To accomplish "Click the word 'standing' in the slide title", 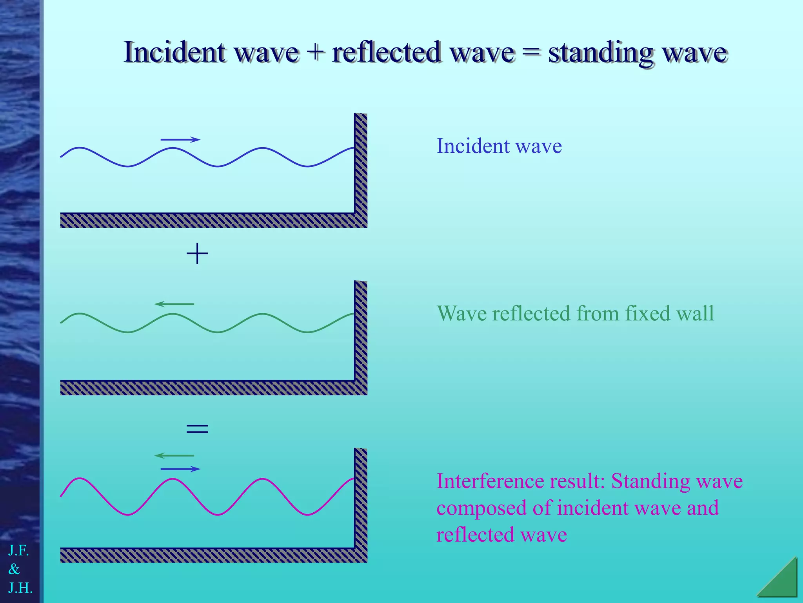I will tap(600, 53).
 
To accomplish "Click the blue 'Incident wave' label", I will tap(499, 146).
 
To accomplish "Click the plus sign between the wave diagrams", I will tap(197, 254).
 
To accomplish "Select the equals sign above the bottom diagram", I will tap(197, 428).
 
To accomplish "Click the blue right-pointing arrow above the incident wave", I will tap(180, 139).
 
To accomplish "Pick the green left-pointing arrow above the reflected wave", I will tap(174, 304).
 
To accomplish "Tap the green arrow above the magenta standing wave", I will tap(174, 455).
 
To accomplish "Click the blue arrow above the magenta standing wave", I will tap(180, 469).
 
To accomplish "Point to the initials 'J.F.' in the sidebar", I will tap(18, 551).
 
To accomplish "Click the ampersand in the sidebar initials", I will tap(14, 569).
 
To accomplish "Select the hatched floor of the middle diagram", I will tap(208, 388).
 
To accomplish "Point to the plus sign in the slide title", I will tap(315, 53).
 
